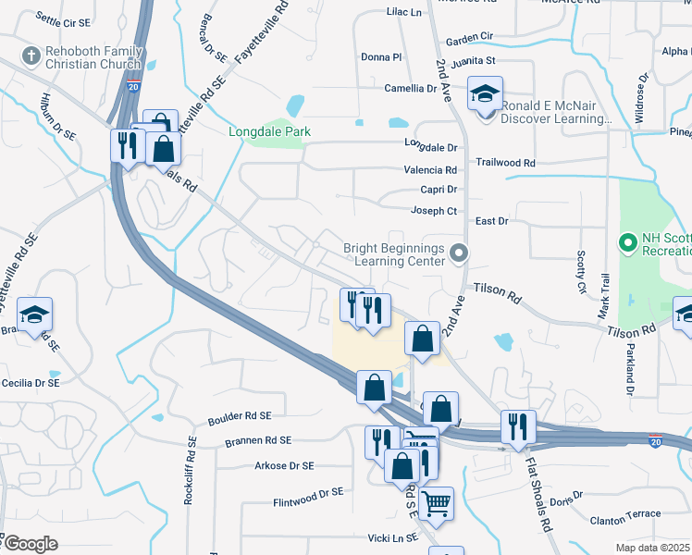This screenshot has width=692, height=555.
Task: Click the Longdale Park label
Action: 270,131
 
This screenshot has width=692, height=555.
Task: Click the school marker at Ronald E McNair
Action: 484,94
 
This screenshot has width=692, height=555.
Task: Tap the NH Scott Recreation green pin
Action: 627,243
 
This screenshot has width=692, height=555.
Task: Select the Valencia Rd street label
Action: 430,170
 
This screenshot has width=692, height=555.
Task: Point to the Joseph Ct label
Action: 434,211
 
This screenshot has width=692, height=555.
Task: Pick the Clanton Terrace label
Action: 626,514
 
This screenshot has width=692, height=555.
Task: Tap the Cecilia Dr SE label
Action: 31,382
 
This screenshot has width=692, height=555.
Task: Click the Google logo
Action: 31,544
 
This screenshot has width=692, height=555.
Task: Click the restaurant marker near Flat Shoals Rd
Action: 517,426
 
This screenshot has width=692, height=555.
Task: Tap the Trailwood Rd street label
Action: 505,162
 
